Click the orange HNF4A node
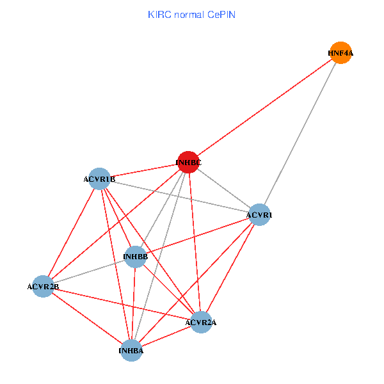340,53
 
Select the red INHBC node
188,163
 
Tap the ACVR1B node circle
99,179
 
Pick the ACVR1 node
259,215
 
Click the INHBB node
135,257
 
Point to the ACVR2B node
43,286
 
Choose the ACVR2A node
201,322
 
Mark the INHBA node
131,350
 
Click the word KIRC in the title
159,14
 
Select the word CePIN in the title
221,14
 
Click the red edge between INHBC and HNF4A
264,108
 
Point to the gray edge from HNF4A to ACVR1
300,134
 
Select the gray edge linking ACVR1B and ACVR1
179,196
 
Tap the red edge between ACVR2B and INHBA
87,318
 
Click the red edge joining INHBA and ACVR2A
166,336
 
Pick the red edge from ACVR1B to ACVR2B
71,232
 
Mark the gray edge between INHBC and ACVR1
224,189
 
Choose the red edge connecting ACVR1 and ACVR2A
230,268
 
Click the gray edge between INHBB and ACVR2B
89,271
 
